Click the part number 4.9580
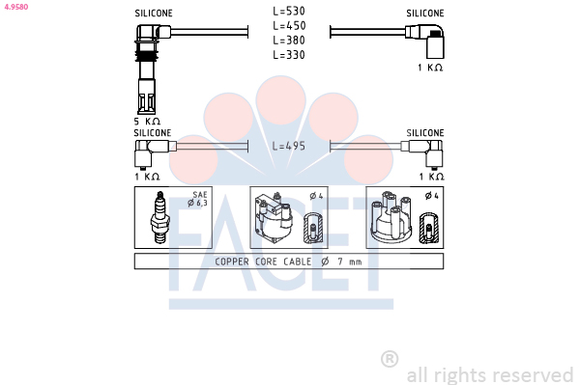click(15, 7)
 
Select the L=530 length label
click(289, 11)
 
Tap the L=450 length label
click(289, 26)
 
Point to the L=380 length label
click(289, 41)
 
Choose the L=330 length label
click(289, 55)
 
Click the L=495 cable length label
click(289, 146)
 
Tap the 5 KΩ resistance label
click(147, 122)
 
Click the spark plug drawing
click(159, 217)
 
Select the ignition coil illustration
click(274, 217)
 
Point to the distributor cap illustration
click(391, 217)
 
